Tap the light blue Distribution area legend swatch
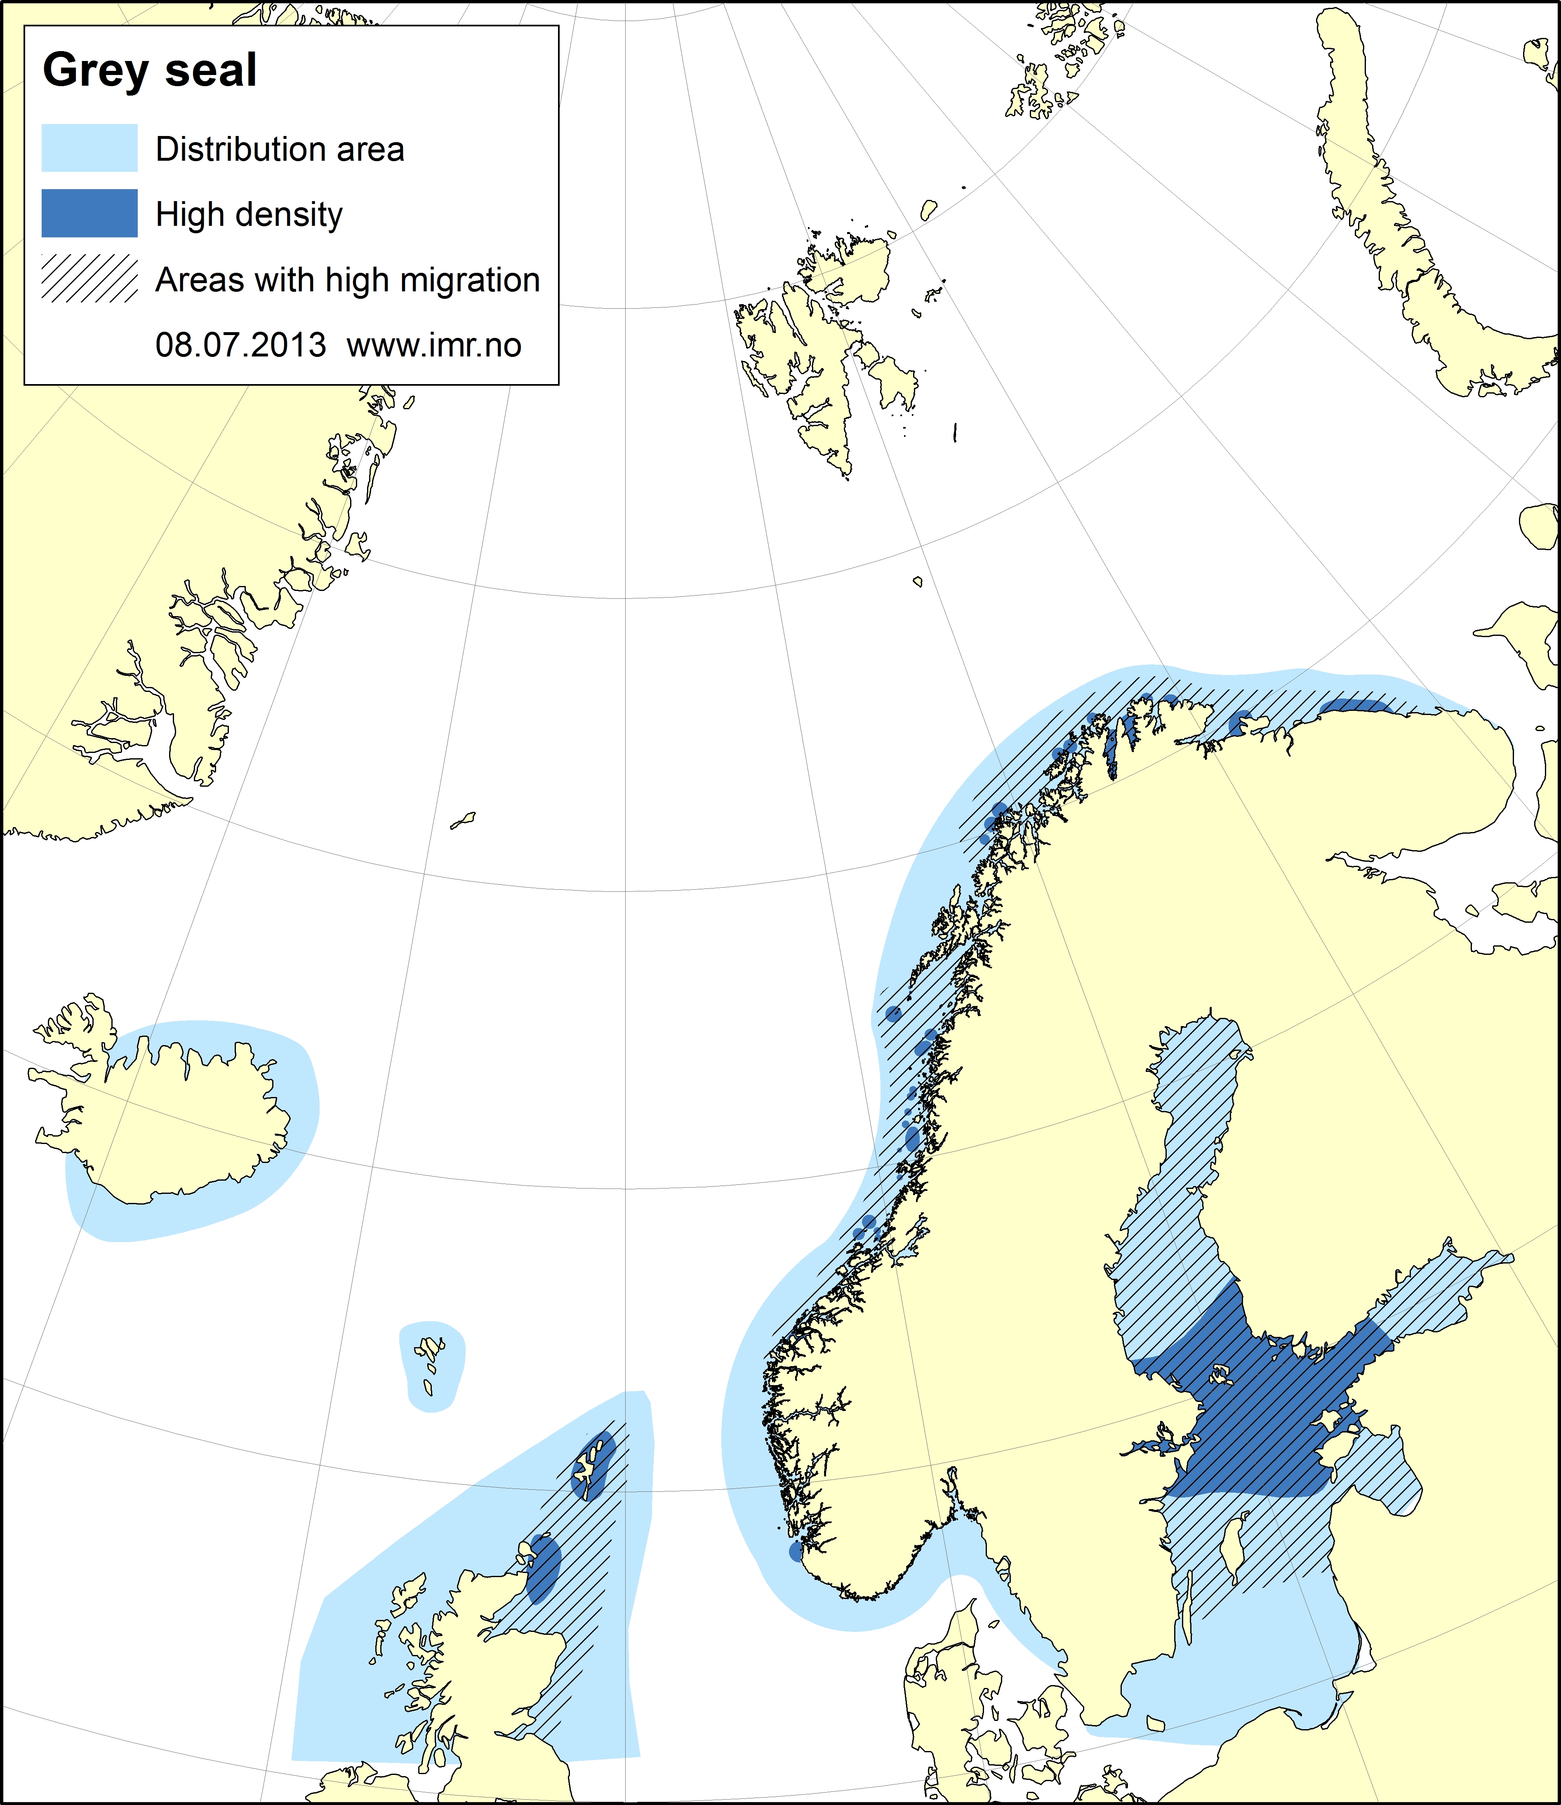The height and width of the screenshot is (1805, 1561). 90,148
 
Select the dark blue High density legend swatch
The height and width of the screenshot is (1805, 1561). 90,213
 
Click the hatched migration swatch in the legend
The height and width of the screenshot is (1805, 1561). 90,279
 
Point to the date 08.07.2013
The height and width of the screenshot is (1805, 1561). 240,345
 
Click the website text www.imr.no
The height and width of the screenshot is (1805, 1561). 434,345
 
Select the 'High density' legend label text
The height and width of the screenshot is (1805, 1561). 249,214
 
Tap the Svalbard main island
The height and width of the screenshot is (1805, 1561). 810,349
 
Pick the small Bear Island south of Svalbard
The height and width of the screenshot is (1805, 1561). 918,581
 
